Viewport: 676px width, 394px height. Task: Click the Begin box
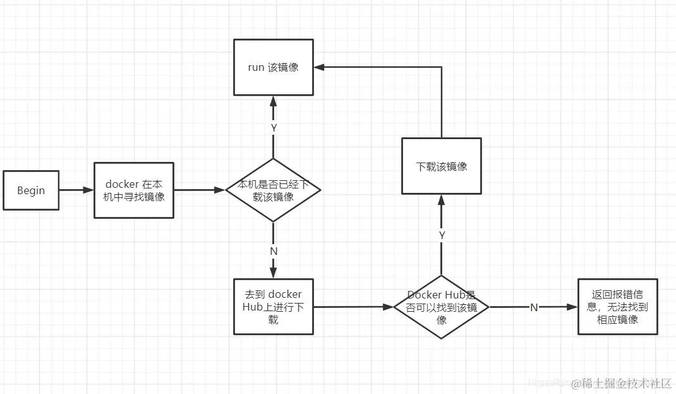(31, 190)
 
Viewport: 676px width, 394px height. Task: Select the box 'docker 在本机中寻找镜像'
(134, 190)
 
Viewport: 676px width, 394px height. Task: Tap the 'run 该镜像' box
(274, 67)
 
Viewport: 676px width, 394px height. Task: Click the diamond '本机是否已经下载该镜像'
(273, 190)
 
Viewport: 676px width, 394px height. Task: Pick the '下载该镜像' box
(442, 166)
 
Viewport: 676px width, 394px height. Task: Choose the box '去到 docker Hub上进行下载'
(273, 307)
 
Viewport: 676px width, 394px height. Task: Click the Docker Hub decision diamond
(442, 307)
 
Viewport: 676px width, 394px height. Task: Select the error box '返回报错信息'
(617, 307)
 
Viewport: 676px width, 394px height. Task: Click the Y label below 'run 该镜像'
(274, 127)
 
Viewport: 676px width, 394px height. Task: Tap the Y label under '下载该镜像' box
(442, 235)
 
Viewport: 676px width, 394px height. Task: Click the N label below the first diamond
(274, 250)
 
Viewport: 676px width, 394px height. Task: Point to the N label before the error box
(534, 307)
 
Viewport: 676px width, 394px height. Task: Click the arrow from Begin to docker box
(77, 190)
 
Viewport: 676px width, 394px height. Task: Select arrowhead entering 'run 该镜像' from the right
(320, 67)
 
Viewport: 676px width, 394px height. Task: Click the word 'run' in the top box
(255, 67)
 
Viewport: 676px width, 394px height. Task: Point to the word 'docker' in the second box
(122, 184)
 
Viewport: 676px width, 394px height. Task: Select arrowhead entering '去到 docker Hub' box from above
(273, 274)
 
